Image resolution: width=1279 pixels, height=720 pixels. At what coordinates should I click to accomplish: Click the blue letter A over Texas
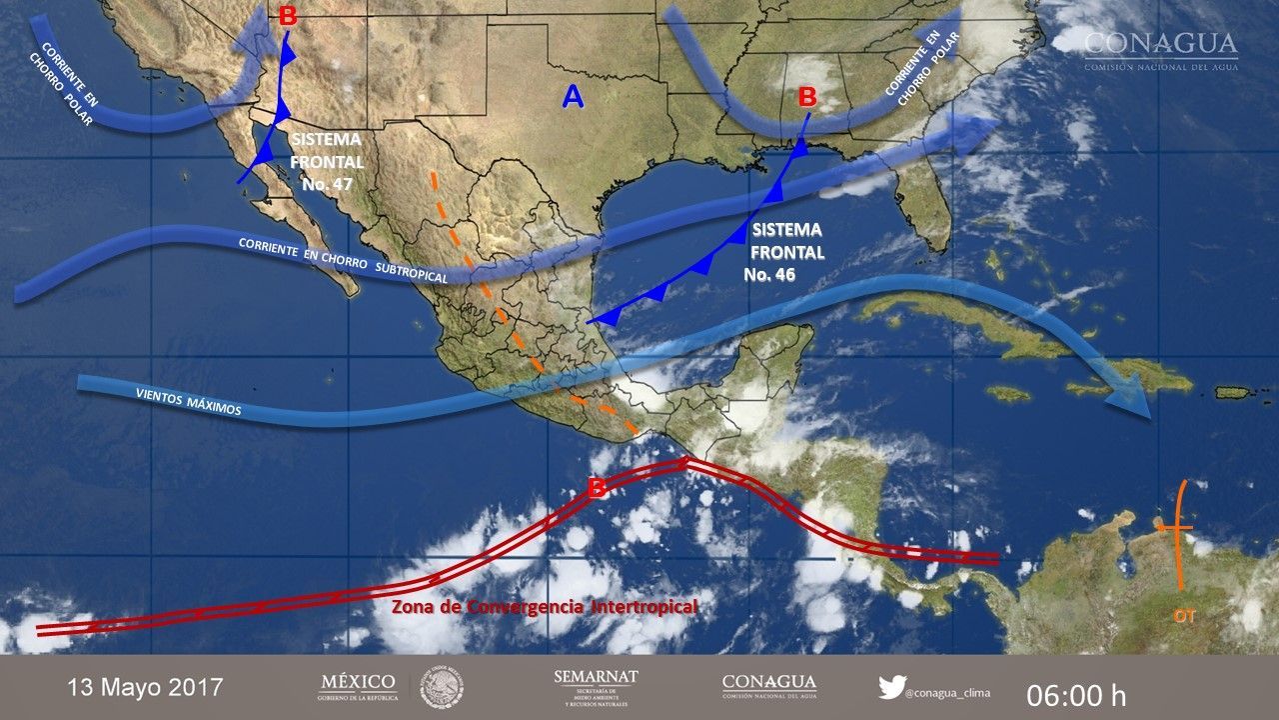pos(573,96)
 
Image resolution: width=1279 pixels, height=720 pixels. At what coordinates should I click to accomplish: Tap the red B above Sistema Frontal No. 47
pos(288,16)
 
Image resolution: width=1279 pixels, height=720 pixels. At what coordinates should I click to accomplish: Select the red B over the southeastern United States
pos(807,98)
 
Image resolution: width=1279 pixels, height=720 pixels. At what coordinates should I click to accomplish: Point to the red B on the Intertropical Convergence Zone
pos(596,488)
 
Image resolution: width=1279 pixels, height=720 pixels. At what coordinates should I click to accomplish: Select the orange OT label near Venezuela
pos(1184,617)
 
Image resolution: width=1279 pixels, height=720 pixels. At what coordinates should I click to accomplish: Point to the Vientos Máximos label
pos(188,402)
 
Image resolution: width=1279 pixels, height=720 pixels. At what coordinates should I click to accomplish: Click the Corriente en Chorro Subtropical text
pos(342,259)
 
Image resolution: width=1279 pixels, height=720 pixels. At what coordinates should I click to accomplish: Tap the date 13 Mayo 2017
pos(146,688)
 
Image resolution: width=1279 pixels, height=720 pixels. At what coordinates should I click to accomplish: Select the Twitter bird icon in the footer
pos(891,688)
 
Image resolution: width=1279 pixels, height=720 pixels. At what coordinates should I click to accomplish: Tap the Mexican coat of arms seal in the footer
pos(441,688)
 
